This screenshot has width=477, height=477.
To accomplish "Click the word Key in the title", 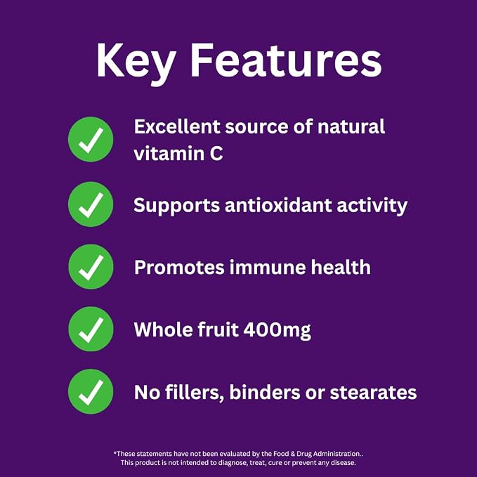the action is [136, 62].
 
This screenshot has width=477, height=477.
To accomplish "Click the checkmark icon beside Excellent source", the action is [91, 139].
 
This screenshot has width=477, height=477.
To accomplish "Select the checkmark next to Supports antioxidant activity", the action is [91, 204].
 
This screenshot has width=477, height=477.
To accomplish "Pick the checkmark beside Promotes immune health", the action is [91, 267].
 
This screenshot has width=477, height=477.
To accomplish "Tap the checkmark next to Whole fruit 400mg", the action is [91, 329].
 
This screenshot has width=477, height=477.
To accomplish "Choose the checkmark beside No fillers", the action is [91, 391].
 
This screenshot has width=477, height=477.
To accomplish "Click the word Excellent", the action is [177, 126].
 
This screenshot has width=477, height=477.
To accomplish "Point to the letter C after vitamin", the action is [216, 153].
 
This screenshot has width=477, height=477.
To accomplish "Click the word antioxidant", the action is [278, 204].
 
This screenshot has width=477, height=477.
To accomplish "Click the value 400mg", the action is [277, 331].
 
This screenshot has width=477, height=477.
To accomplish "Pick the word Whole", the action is [163, 329].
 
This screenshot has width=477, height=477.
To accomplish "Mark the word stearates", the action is [373, 393].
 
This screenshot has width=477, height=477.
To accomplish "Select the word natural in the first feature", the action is [351, 126].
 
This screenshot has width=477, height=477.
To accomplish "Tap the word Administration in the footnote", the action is [336, 454].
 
